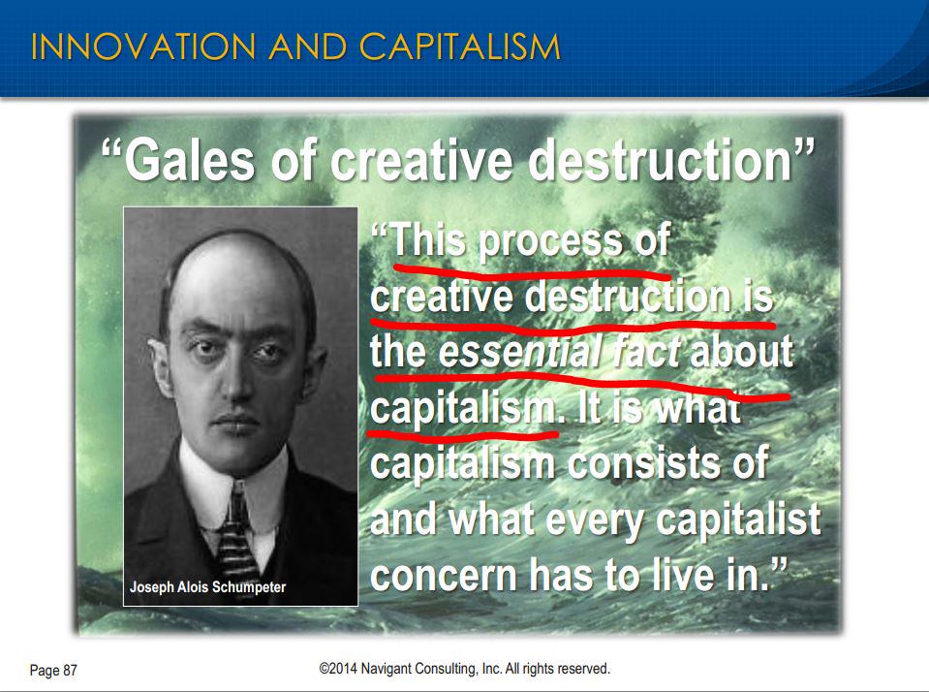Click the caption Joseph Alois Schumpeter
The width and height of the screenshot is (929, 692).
(208, 586)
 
